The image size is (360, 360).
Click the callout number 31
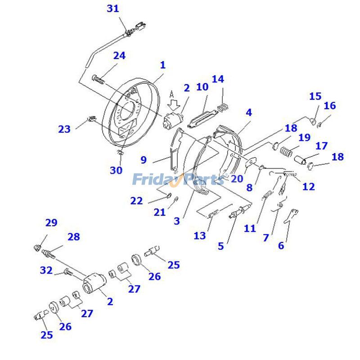click(113, 8)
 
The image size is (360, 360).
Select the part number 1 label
click(162, 65)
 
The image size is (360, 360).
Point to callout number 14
click(218, 80)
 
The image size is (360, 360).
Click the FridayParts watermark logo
click(178, 180)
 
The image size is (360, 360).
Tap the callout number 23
click(64, 129)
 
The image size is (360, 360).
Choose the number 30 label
click(116, 171)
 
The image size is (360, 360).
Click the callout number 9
click(144, 159)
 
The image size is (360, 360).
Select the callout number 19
click(304, 137)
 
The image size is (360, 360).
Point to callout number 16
click(330, 106)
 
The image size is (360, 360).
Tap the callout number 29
click(51, 222)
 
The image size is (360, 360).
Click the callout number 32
click(46, 270)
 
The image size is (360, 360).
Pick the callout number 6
click(281, 245)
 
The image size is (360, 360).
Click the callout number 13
click(200, 235)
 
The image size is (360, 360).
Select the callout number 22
click(136, 201)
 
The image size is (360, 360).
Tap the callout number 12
click(309, 186)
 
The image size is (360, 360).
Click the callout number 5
click(220, 246)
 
